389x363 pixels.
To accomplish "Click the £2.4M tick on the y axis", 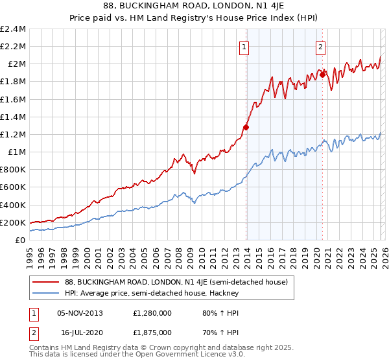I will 13,29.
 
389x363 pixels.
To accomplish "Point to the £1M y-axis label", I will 16,152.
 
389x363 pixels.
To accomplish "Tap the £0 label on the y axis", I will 20,240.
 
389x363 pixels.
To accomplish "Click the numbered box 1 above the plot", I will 244,46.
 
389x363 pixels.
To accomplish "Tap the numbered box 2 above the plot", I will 320,46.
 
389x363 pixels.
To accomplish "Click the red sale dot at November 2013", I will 246,127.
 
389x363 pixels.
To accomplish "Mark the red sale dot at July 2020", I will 322,75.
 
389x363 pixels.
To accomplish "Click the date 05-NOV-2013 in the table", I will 80,312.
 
